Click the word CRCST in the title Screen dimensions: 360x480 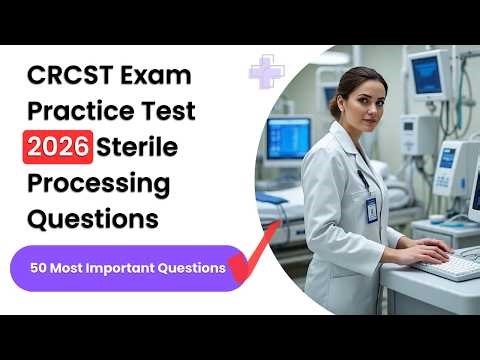[x=70, y=76]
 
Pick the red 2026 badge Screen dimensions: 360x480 [x=59, y=148]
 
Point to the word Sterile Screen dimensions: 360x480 [x=139, y=148]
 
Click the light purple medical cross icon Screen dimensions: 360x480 [x=266, y=72]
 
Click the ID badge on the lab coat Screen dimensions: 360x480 [x=371, y=208]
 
